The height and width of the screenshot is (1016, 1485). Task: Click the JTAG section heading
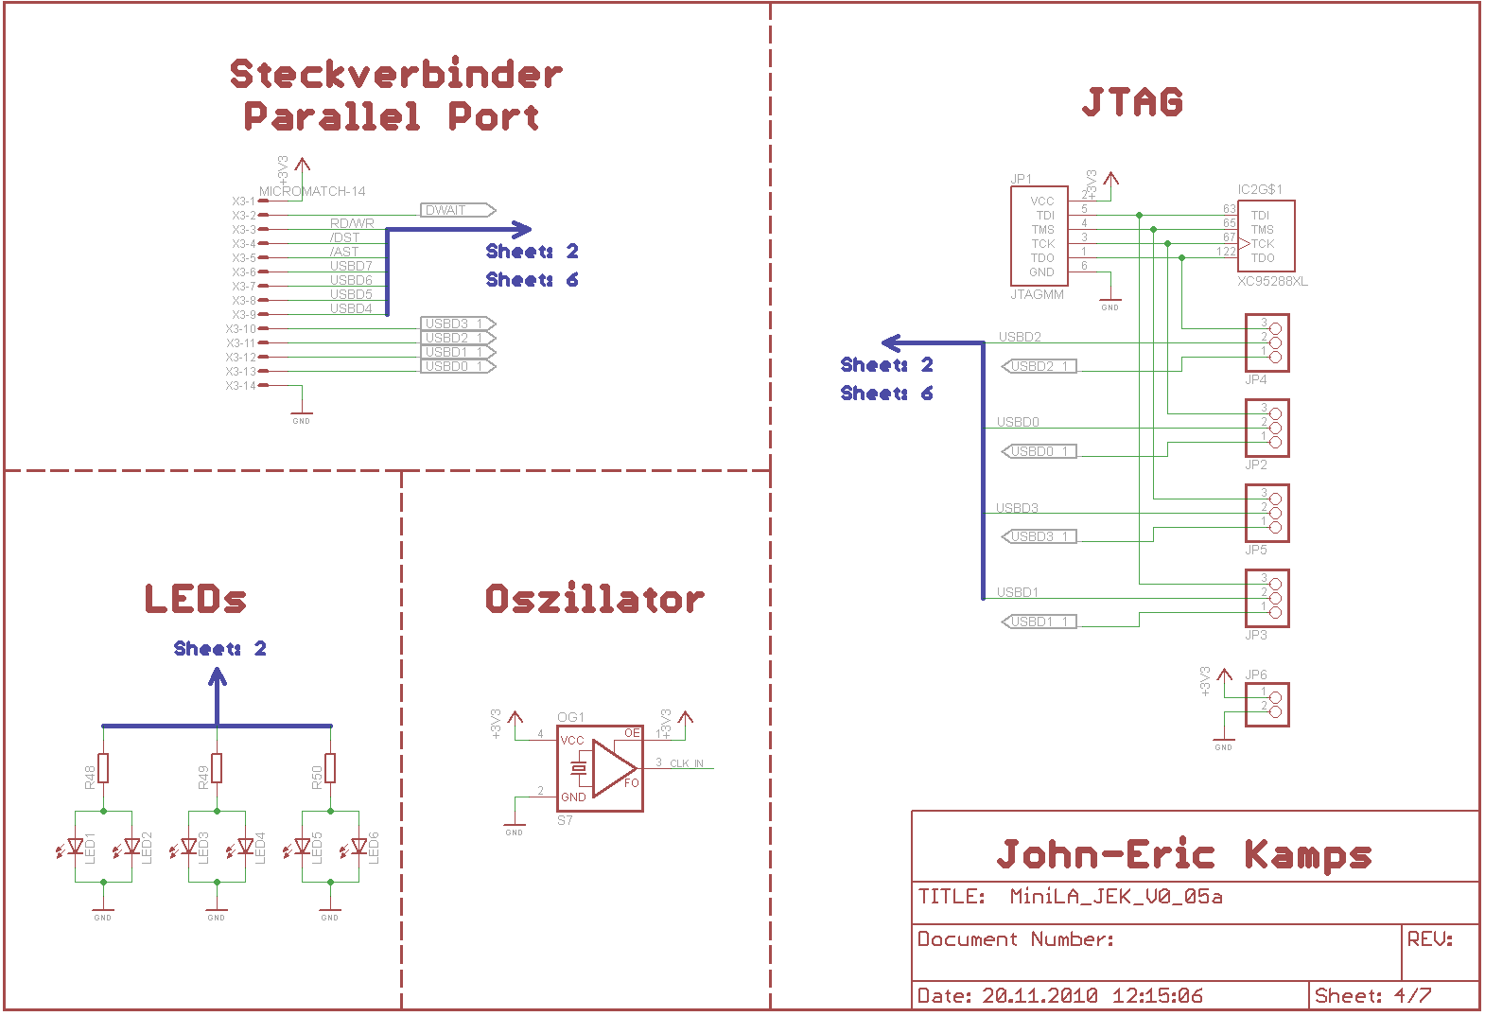1132,102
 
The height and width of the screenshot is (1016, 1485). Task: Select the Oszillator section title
594,599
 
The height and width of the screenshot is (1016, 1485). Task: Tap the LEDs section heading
196,599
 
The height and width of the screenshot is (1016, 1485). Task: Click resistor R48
103,768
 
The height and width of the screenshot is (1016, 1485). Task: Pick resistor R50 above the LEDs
330,768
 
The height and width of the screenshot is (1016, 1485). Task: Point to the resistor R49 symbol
217,768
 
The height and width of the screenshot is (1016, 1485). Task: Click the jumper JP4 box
1267,343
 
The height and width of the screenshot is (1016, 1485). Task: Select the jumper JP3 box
1267,599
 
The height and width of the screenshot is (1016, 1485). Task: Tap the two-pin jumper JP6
1267,705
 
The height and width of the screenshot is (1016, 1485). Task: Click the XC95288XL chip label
1272,282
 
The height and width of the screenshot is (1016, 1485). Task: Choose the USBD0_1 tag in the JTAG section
1039,452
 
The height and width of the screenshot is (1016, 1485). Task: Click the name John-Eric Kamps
1184,855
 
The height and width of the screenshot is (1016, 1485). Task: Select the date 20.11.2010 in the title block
1039,996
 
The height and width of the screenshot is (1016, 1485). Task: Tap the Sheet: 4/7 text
1372,996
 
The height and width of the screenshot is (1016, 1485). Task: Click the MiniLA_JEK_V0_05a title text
1116,897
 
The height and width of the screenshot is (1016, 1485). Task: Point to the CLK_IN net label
686,763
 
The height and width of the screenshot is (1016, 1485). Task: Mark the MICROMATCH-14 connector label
312,192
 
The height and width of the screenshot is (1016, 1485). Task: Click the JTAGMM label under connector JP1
1037,295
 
